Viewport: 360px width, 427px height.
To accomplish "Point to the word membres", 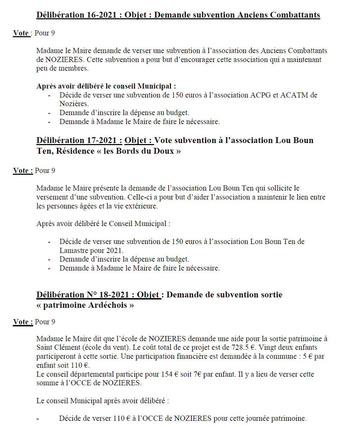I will pyautogui.click(x=72, y=69).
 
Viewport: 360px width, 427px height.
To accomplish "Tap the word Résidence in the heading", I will pyautogui.click(x=74, y=151).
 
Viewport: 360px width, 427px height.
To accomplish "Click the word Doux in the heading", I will pyautogui.click(x=163, y=151).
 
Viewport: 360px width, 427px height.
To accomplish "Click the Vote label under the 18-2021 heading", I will pyautogui.click(x=22, y=322).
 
